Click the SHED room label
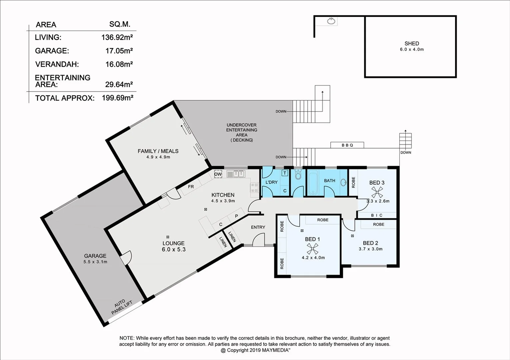pos(412,44)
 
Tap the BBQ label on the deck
pos(347,145)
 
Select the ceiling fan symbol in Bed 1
pos(312,248)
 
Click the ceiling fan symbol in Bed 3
pos(377,192)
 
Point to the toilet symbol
pos(298,175)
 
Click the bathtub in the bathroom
pos(313,182)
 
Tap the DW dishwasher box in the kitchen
pos(218,174)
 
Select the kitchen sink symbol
pos(236,174)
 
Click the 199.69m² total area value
pos(117,98)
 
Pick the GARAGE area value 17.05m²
pos(119,51)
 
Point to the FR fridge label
pos(191,187)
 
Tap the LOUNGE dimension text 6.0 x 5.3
pos(174,249)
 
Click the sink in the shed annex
pos(331,21)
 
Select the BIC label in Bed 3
pos(377,215)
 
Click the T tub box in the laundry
pos(285,173)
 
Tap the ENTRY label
pos(258,227)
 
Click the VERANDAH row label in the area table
pos(57,64)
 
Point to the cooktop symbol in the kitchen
pos(254,188)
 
